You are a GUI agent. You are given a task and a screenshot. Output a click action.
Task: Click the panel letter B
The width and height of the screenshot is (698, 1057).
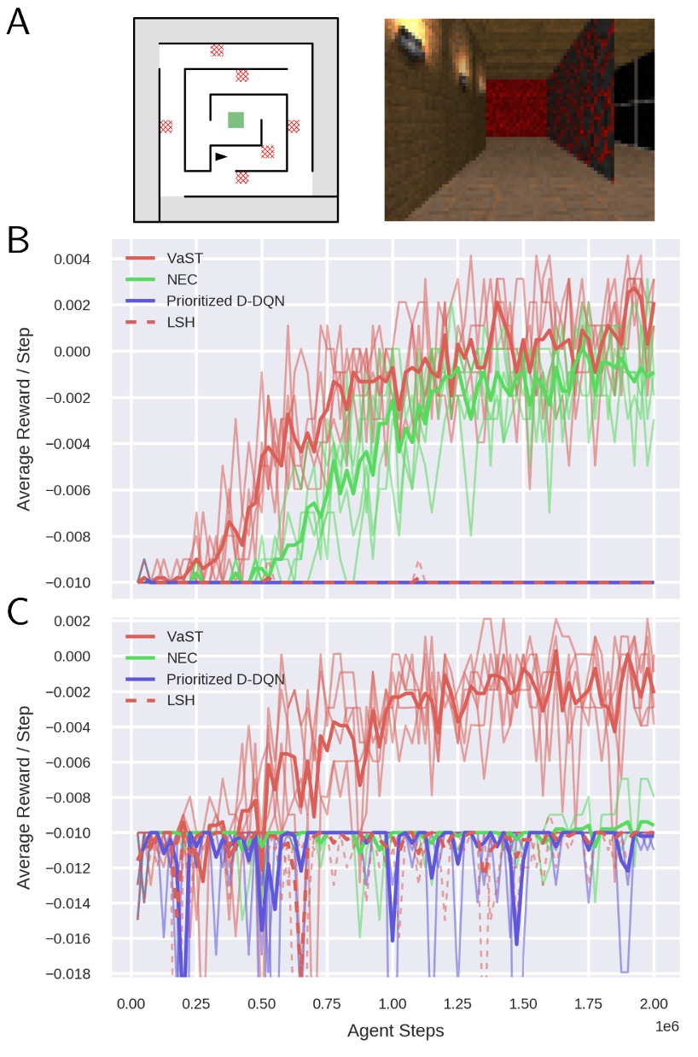point(18,241)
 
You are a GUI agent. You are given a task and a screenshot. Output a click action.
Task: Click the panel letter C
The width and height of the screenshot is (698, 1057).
point(18,613)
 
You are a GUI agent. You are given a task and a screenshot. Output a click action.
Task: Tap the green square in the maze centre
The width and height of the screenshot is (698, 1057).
point(236,120)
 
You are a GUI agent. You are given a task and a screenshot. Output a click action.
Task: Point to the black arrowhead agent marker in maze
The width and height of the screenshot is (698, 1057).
point(221,156)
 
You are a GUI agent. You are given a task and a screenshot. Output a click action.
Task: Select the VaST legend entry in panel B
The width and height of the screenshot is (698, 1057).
point(183,256)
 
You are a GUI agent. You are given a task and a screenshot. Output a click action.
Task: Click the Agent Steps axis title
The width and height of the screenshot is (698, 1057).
point(395,1031)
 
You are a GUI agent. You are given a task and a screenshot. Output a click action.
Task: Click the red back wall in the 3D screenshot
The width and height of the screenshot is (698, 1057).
point(515,108)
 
